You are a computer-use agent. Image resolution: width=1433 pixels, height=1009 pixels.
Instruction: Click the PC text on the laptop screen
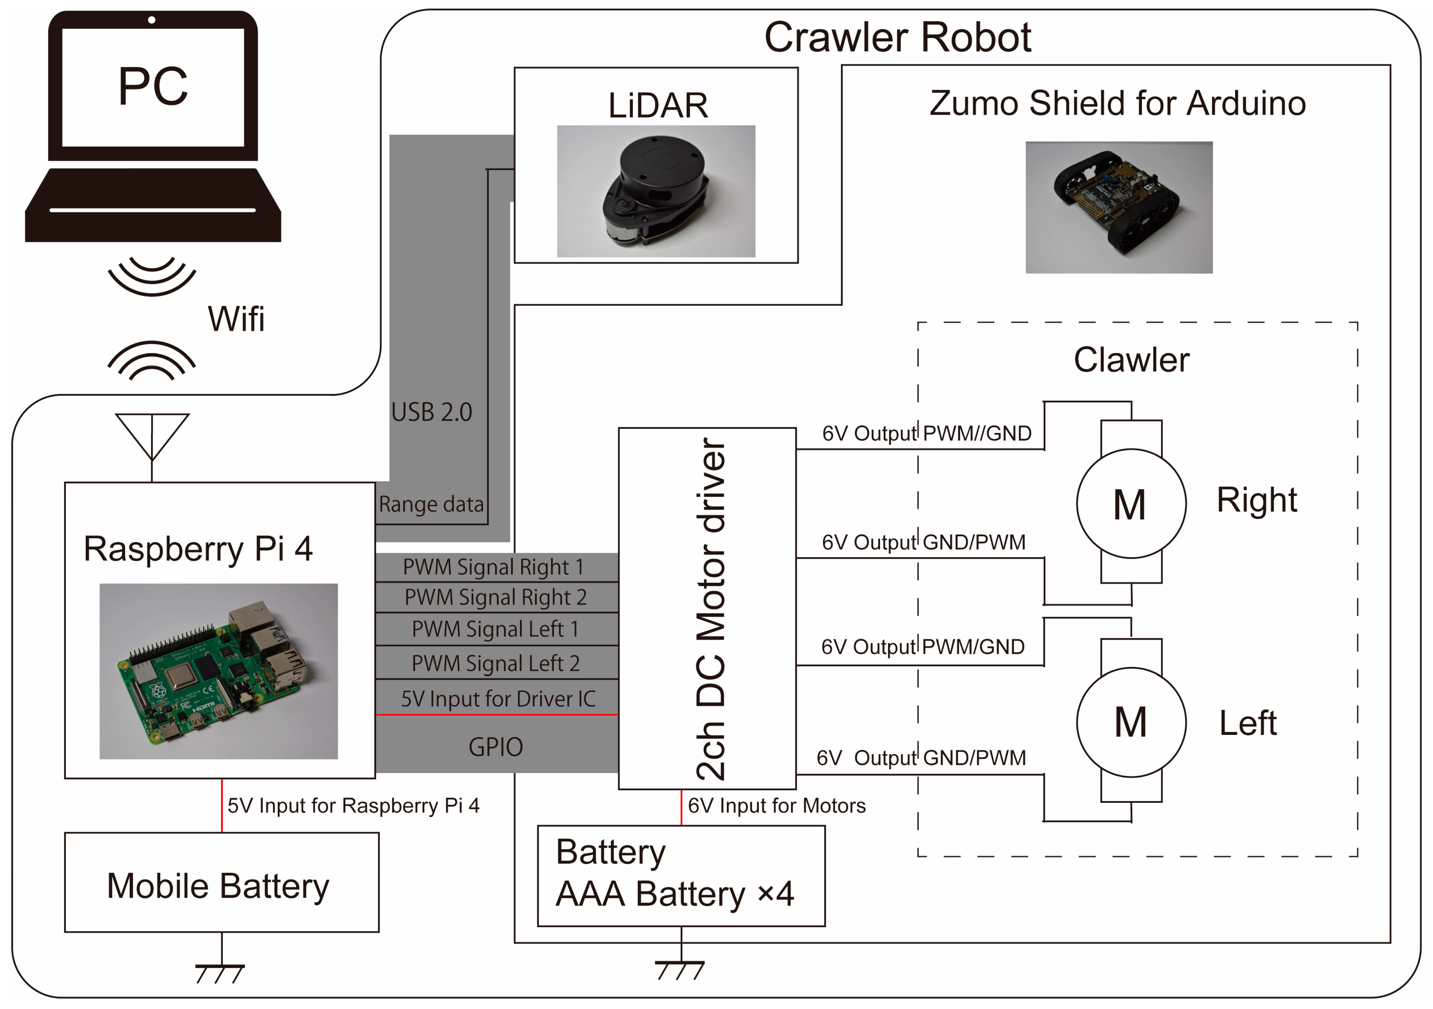coord(153,86)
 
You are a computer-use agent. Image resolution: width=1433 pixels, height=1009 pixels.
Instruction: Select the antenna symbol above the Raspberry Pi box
coord(152,437)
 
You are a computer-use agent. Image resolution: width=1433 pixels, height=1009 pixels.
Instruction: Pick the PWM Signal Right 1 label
coord(493,567)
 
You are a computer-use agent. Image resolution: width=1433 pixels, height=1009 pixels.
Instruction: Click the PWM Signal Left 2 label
coord(496,663)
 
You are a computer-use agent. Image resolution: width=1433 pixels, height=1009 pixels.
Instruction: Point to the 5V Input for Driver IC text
coord(498,699)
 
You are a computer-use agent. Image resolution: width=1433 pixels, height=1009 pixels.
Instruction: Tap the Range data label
coord(431,504)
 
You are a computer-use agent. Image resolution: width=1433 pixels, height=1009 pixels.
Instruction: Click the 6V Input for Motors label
coord(776,806)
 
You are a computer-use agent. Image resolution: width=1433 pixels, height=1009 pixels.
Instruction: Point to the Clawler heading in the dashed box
coord(1131,360)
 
